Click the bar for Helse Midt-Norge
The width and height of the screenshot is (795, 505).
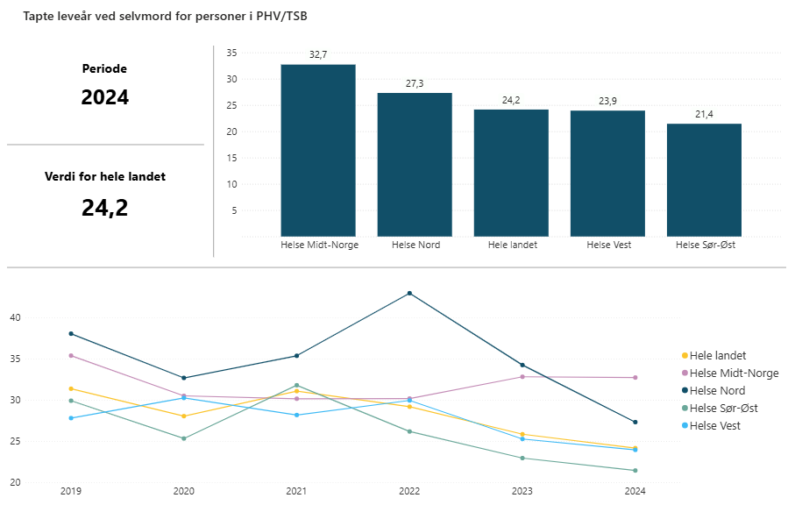pos(318,150)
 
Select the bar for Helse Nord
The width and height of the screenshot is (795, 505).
pos(415,164)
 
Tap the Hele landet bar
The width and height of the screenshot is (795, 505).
pos(511,173)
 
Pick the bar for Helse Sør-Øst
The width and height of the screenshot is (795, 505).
pos(704,180)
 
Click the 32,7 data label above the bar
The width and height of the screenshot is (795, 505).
pos(318,54)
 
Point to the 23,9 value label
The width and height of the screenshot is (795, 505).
pos(607,101)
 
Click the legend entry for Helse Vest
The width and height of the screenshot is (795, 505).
pos(714,425)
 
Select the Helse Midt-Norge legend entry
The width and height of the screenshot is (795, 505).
pos(734,373)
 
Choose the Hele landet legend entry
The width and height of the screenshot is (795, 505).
pos(717,355)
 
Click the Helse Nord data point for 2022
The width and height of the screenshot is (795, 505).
pos(409,293)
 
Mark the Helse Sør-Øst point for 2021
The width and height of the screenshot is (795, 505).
pos(296,385)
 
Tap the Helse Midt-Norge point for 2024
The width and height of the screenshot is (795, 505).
pos(635,377)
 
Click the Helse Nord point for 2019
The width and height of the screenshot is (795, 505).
pos(71,333)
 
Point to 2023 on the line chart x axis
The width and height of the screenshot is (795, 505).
pos(522,492)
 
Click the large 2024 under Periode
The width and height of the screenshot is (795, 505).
pos(105,97)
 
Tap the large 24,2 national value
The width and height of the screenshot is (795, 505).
pos(105,208)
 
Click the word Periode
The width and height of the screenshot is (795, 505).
pos(105,68)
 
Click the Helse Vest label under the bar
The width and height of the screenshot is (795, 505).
pos(607,245)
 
